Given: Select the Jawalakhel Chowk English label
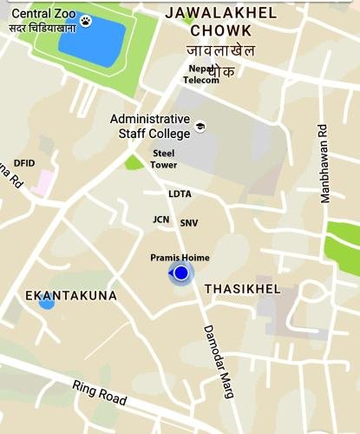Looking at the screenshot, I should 221,22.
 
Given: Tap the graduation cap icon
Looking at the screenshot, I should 200,125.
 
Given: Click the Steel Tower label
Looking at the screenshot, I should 163,159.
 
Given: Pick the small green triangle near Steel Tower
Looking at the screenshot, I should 134,161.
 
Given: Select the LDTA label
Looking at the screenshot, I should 180,194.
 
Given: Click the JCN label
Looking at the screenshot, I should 160,220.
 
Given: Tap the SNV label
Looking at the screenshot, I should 188,223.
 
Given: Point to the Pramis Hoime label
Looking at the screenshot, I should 180,258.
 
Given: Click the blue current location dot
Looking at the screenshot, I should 180,274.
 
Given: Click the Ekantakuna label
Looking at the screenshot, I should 71,296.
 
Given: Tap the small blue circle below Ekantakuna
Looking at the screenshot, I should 47,303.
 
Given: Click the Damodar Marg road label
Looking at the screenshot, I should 219,361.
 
